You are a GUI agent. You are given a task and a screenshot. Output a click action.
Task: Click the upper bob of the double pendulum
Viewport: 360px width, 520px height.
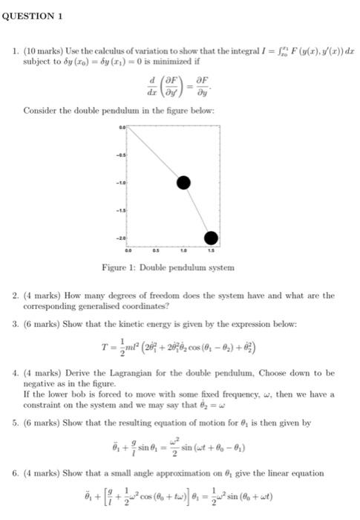[184, 183]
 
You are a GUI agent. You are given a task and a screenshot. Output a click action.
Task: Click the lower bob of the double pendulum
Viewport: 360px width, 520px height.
[211, 238]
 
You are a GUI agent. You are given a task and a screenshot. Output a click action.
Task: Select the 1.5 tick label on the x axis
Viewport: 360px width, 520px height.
[212, 251]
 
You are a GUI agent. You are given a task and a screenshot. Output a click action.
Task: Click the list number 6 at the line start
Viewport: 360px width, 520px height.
[15, 473]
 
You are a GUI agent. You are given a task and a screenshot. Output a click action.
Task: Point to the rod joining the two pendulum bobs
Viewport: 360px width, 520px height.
[197, 210]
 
